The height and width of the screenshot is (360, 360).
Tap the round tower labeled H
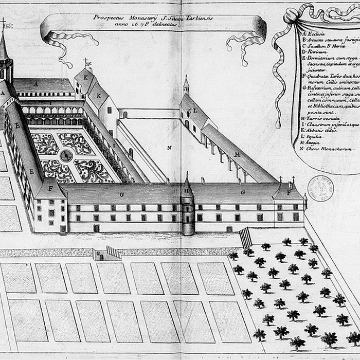tap(188, 208)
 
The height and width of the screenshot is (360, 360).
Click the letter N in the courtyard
tap(169, 148)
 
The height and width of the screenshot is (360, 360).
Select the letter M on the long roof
tap(237, 154)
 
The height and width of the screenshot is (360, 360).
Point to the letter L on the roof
tap(196, 111)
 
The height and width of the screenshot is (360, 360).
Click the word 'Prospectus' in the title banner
tap(109, 17)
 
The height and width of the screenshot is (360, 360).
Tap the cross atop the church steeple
tap(4, 23)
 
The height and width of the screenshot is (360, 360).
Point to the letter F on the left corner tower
tap(51, 188)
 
